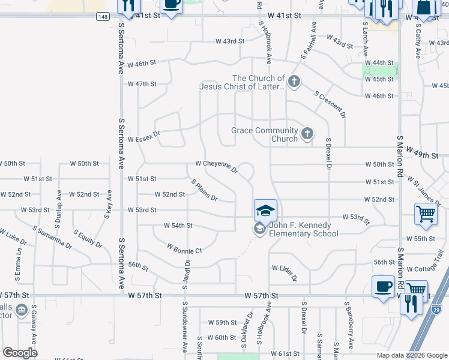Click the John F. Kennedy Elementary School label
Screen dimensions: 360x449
point(304,229)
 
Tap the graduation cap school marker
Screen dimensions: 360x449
point(265,211)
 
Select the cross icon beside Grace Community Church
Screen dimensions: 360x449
point(307,134)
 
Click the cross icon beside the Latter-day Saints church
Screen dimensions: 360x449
point(294,82)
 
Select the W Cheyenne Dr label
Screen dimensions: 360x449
point(217,166)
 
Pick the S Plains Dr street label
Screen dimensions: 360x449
point(204,190)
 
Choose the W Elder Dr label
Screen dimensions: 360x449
point(285,272)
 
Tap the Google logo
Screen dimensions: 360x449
point(20,352)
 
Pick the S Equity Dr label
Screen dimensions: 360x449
point(88,238)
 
